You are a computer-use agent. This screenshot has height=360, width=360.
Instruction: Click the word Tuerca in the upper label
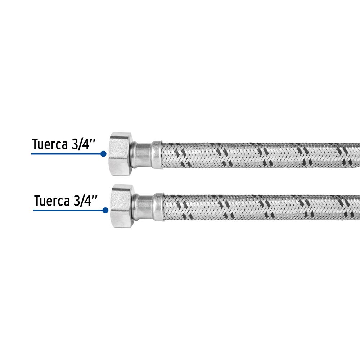point(50,144)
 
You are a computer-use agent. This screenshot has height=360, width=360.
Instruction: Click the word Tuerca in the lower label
point(52,201)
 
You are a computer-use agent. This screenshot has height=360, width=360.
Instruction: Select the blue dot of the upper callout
point(104,154)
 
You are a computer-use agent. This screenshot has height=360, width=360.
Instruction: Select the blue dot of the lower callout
point(105,211)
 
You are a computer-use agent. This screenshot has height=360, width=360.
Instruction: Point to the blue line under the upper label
point(66,154)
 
